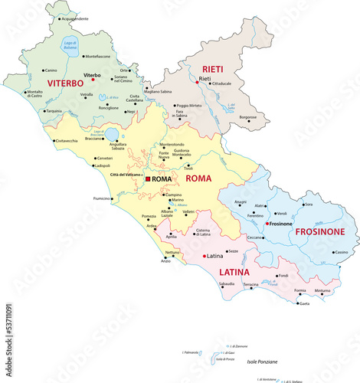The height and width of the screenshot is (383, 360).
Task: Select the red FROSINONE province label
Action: (316, 231)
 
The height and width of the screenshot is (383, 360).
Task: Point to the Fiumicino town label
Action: (102, 198)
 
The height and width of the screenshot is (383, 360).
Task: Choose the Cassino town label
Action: (340, 252)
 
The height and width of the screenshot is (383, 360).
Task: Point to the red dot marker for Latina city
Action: (203, 256)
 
